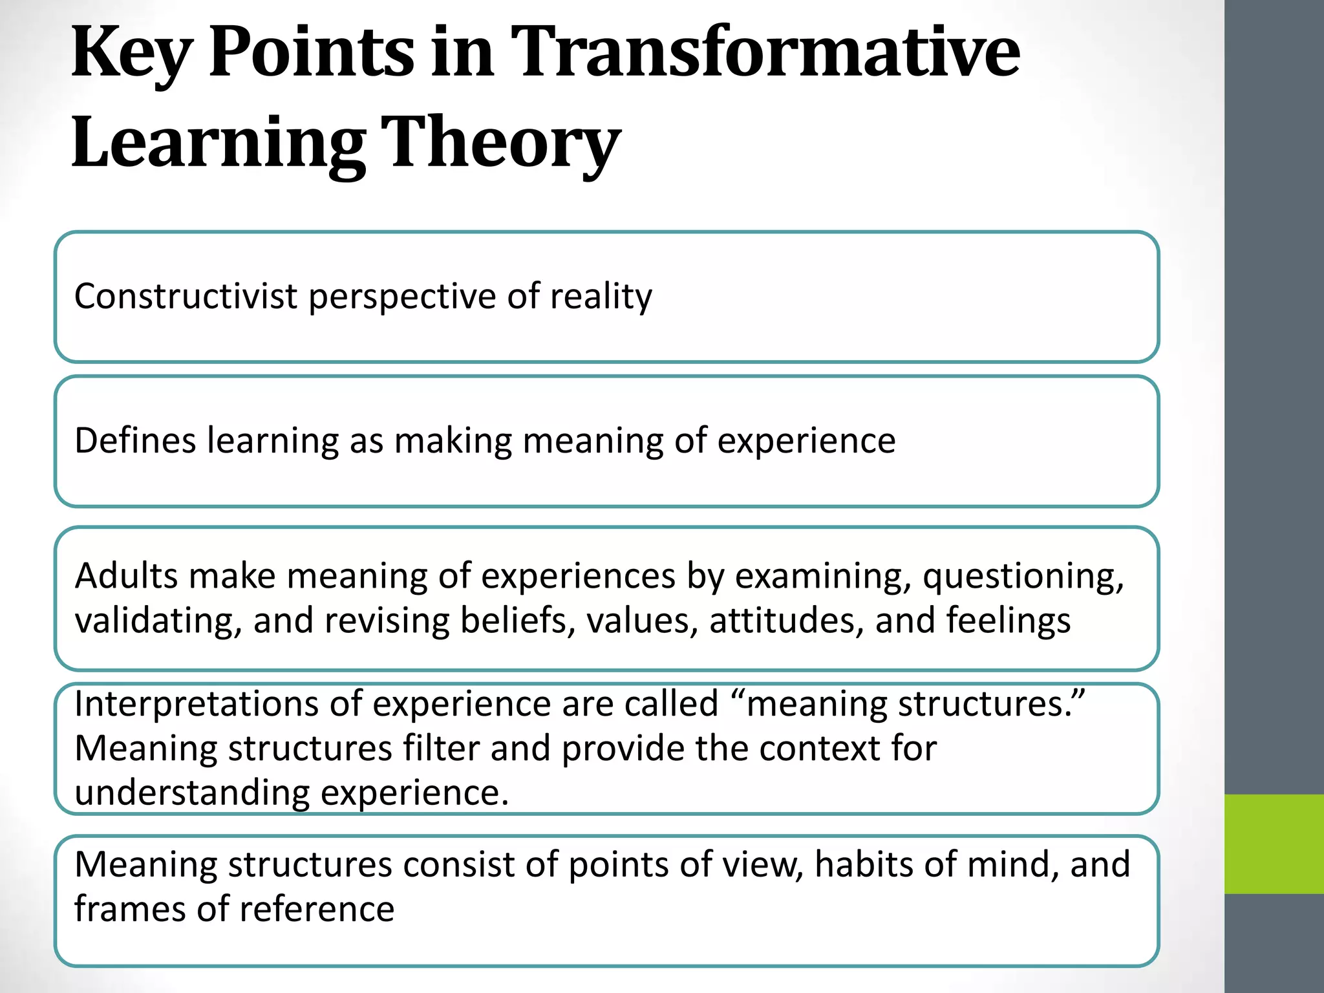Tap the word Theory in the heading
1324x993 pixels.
click(500, 143)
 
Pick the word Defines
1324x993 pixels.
click(135, 441)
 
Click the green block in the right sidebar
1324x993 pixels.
click(1274, 844)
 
